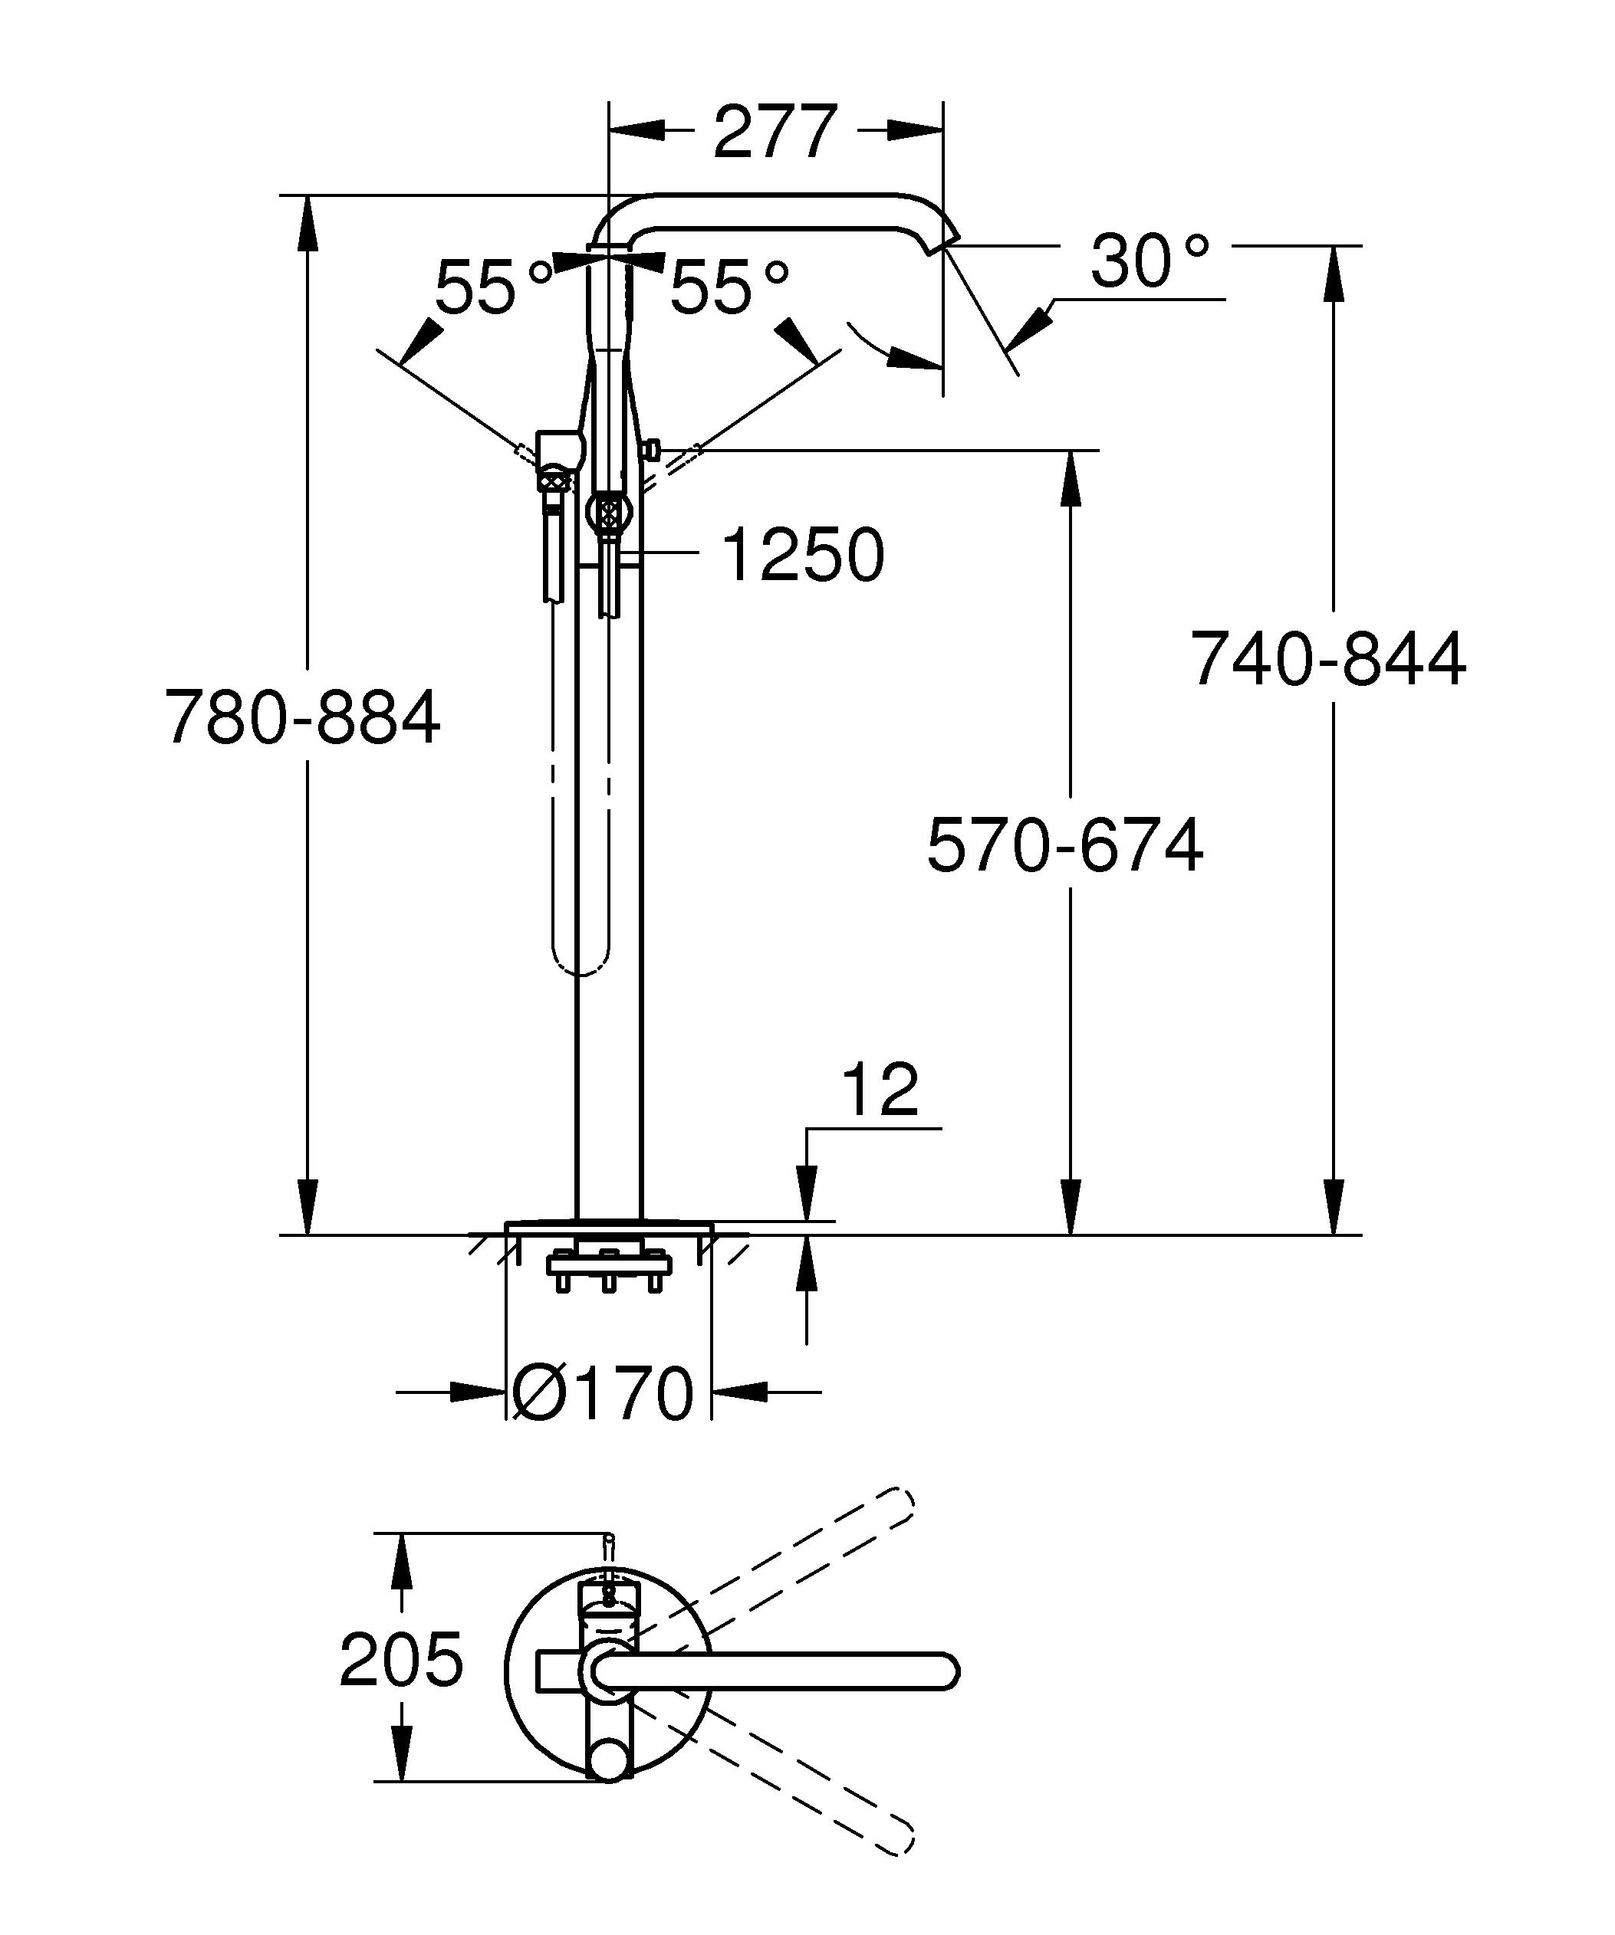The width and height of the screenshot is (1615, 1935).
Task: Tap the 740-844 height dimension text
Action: point(1327,660)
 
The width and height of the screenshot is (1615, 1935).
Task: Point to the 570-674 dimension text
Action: point(1064,845)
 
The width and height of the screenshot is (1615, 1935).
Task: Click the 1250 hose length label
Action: point(803,556)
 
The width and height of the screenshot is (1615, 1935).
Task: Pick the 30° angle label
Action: point(1148,261)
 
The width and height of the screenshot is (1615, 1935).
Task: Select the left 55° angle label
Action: point(493,287)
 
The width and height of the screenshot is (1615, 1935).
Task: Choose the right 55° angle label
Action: point(729,287)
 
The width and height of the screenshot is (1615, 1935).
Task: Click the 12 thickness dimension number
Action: point(880,1090)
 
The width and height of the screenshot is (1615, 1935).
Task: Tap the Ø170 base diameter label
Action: point(602,1393)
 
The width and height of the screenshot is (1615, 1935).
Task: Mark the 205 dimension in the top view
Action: point(401,1659)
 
